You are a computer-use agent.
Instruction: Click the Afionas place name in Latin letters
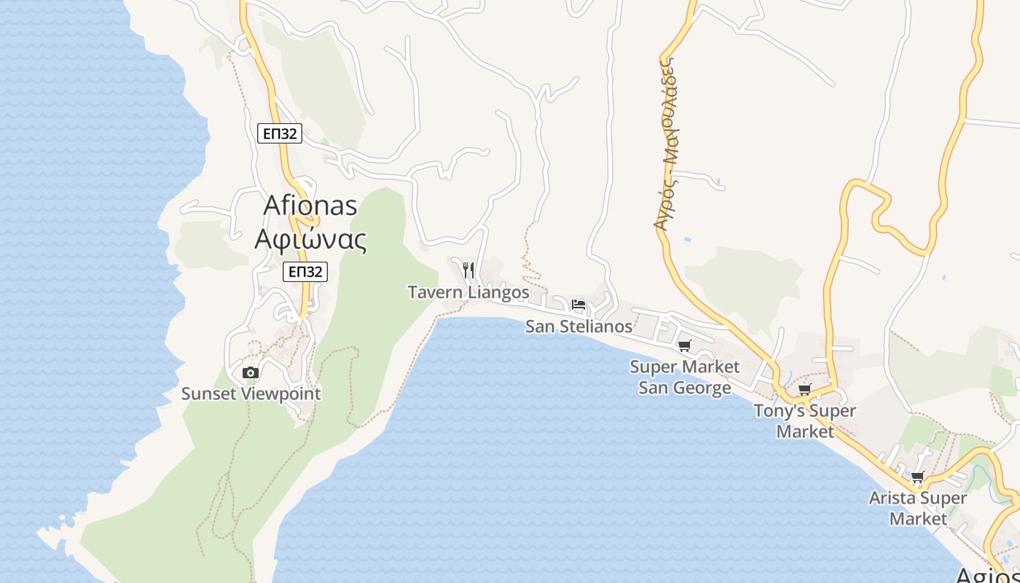(x=310, y=206)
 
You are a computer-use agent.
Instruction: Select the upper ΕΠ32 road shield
(x=280, y=133)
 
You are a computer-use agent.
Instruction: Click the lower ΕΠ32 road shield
(x=305, y=272)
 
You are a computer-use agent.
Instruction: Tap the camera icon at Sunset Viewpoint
(x=251, y=372)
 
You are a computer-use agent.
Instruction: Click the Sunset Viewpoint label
(x=251, y=394)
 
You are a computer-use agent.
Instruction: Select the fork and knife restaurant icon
(x=468, y=270)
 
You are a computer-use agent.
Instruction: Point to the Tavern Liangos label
(x=468, y=292)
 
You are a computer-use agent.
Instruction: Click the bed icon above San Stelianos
(x=578, y=305)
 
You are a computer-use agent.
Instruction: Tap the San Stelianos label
(x=579, y=326)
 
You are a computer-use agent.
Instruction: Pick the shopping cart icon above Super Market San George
(x=684, y=345)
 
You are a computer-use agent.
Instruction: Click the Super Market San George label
(x=685, y=377)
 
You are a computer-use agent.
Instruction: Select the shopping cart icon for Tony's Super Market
(x=804, y=389)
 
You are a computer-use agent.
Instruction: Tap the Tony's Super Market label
(x=805, y=420)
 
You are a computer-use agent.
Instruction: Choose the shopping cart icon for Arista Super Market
(x=917, y=477)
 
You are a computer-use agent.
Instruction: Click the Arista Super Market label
(x=918, y=508)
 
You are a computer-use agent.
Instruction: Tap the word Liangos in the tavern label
(x=499, y=292)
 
